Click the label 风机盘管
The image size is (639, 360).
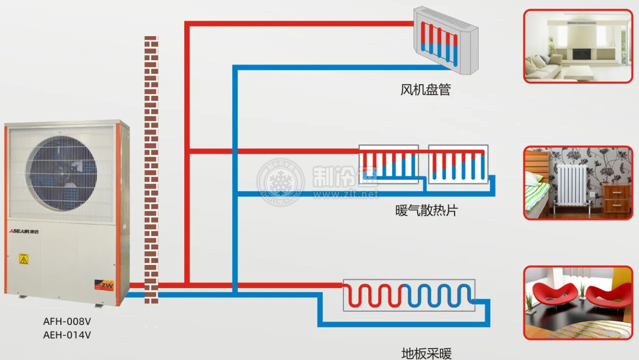425,90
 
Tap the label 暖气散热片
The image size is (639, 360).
426,211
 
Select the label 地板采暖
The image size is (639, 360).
426,354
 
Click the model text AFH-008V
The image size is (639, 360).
67,321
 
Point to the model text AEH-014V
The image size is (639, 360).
67,335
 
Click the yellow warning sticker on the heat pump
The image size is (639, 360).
24,259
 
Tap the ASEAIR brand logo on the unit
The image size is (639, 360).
24,231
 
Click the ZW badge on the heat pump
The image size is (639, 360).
104,285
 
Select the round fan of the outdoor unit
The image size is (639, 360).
61,173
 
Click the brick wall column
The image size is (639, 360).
151,170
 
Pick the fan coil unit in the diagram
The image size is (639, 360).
446,41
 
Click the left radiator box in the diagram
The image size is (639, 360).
389,164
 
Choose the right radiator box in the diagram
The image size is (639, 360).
458,164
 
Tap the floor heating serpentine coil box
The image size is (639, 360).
409,295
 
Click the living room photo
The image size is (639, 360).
578,46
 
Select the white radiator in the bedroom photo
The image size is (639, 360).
571,186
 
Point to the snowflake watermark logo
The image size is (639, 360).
281,182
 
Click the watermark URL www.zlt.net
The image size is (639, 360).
346,194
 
